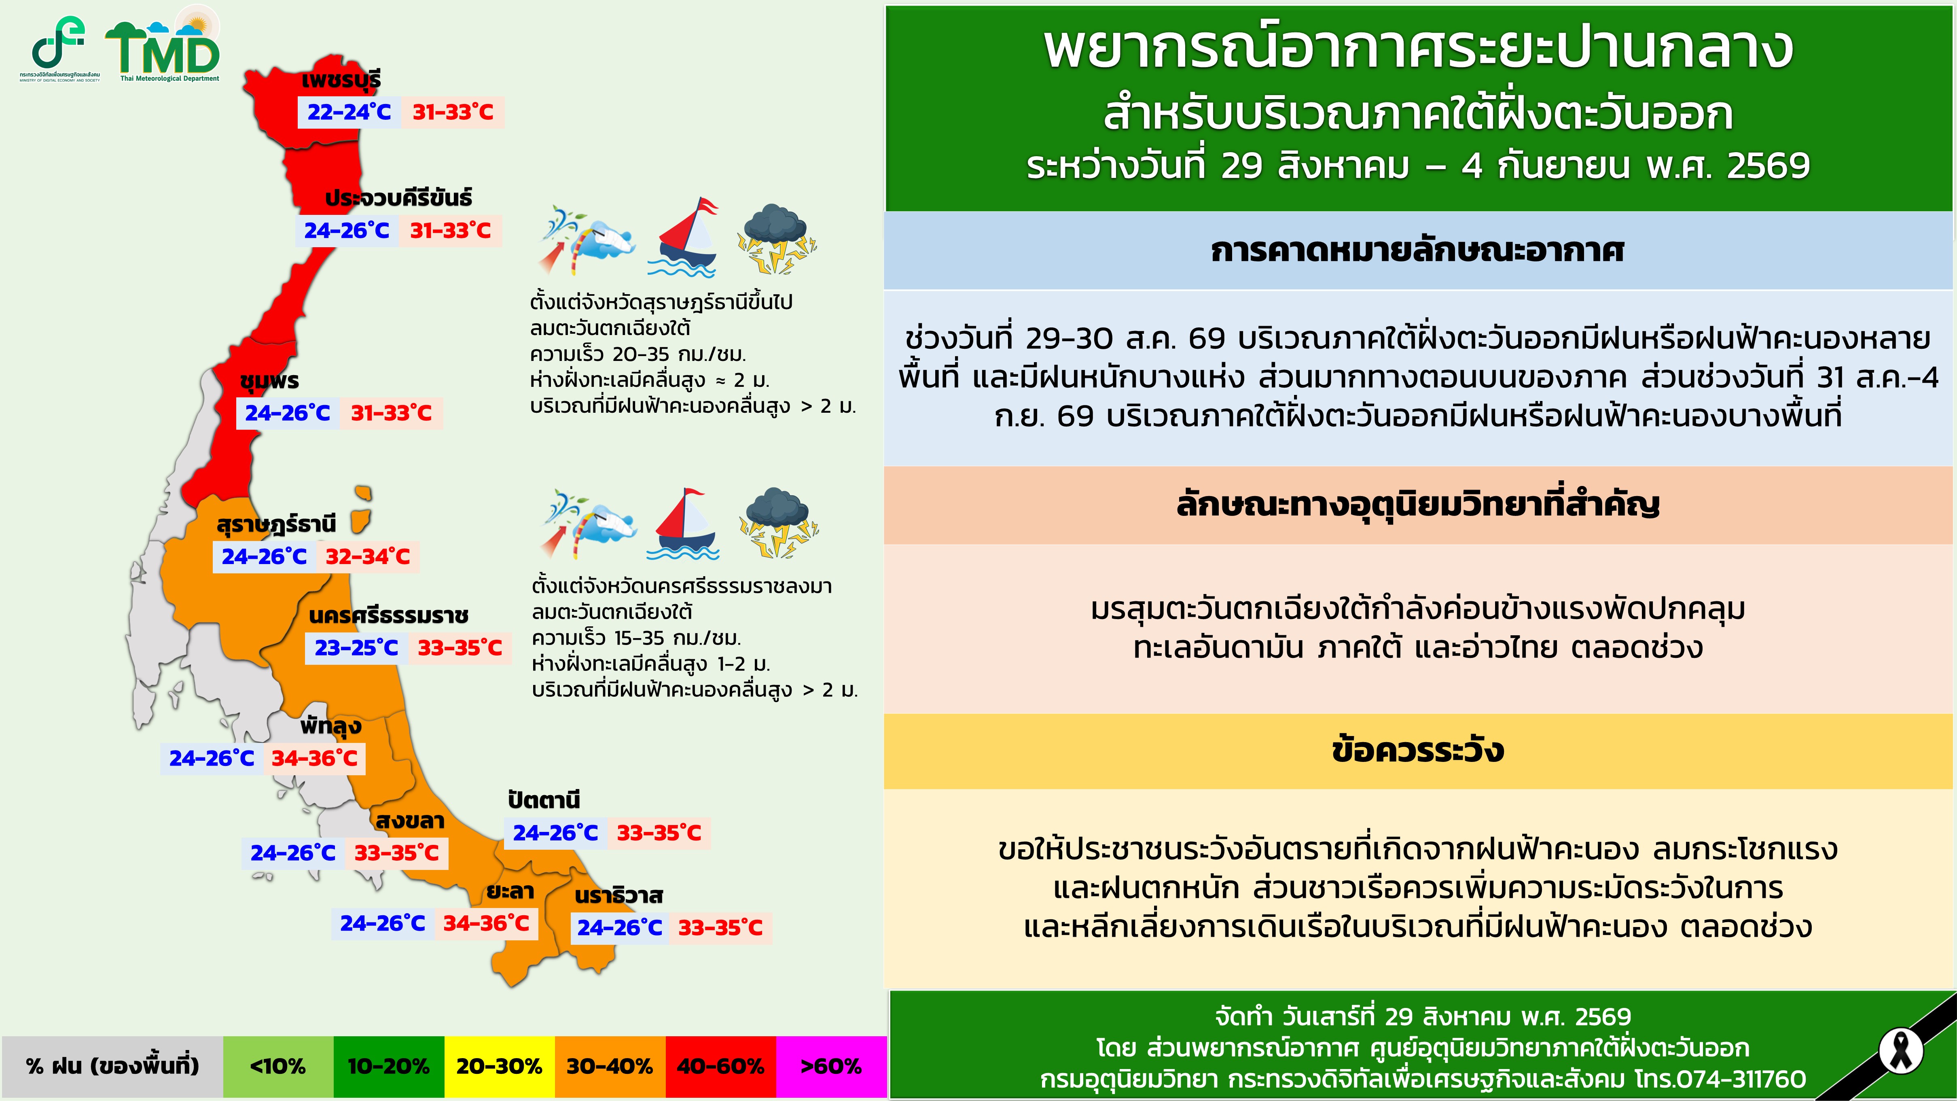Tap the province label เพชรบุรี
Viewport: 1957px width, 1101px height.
[341, 80]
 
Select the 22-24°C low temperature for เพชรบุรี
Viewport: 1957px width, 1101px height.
[349, 112]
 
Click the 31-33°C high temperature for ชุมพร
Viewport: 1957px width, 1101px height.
[391, 414]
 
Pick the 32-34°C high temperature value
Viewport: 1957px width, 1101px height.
[368, 557]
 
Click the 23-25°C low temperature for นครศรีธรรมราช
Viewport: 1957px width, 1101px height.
[356, 648]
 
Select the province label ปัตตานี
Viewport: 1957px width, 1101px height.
[544, 800]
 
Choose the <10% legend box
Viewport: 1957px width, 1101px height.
[278, 1067]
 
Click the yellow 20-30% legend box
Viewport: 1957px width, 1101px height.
[499, 1067]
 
